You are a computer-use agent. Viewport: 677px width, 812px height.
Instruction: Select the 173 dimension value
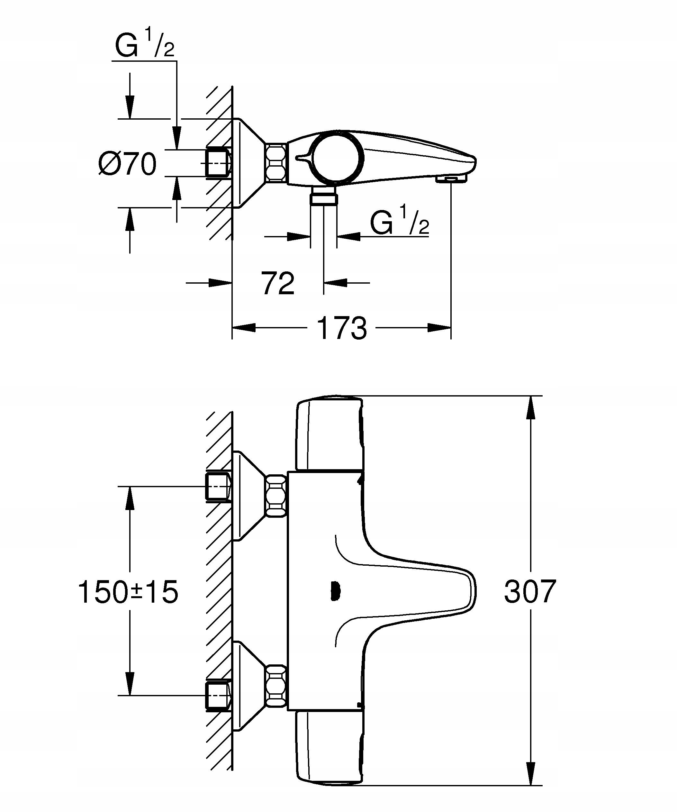[342, 328]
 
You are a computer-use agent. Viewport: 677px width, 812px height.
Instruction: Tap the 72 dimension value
[278, 283]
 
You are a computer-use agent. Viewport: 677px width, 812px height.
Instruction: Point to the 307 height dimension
[530, 592]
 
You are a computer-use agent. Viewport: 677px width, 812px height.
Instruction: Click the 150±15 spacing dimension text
[128, 592]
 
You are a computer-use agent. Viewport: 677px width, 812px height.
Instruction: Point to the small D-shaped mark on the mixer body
[335, 592]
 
